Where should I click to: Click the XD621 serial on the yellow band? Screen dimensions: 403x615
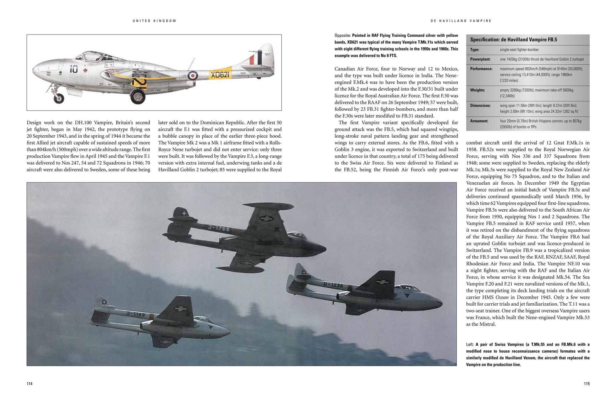220,75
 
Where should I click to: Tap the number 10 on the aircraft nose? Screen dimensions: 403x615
73,69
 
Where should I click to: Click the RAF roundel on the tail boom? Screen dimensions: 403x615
193,75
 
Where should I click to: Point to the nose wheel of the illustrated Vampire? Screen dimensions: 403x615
58,98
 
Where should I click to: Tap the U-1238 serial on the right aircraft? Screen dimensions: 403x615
333,285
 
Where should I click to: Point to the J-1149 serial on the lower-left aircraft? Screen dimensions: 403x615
136,314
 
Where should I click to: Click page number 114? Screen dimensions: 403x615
30,384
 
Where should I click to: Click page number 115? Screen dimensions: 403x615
586,384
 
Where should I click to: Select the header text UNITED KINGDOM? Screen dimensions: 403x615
154,21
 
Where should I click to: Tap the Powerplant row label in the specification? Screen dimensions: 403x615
480,59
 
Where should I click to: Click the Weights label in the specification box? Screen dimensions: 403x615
478,90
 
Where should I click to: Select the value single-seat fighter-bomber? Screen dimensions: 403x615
519,50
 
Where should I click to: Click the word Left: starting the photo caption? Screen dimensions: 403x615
470,344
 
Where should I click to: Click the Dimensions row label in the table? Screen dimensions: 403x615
481,106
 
